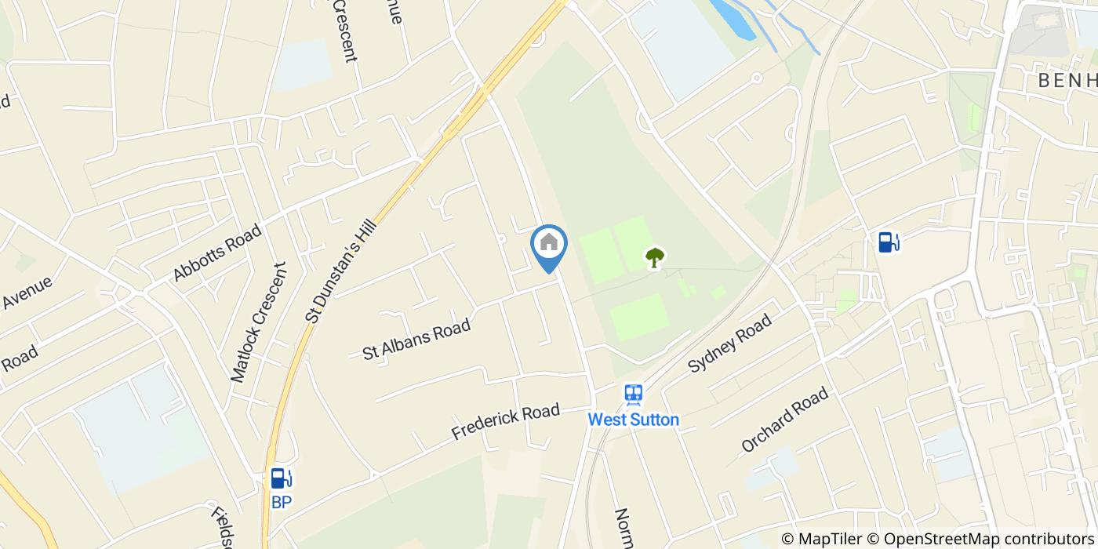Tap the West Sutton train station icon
634,394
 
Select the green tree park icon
654,257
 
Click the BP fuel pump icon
281,478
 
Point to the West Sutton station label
634,420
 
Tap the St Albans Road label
416,340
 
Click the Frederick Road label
505,421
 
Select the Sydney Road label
730,342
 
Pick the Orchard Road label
784,420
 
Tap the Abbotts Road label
216,252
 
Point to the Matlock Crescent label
259,322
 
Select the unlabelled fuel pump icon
888,242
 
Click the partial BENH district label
1067,81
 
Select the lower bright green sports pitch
639,316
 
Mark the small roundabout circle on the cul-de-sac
757,78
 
